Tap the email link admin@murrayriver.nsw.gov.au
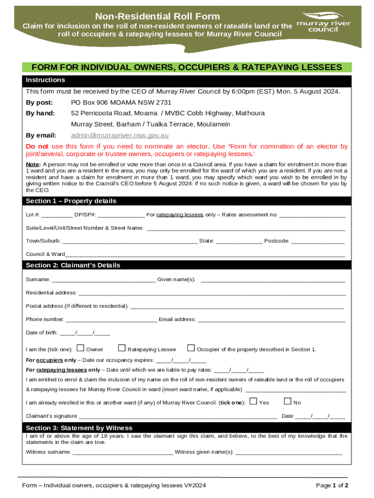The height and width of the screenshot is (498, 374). [x=119, y=135]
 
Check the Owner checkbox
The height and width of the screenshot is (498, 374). [x=81, y=348]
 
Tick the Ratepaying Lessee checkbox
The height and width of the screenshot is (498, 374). [x=122, y=348]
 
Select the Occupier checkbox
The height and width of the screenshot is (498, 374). [x=191, y=348]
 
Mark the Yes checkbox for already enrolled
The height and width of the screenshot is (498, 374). [x=253, y=401]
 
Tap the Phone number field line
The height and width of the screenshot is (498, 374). [x=111, y=320]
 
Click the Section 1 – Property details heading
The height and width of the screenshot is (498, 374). [x=71, y=201]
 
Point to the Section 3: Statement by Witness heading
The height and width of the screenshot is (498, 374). [x=79, y=428]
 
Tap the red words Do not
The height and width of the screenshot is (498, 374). [x=37, y=146]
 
